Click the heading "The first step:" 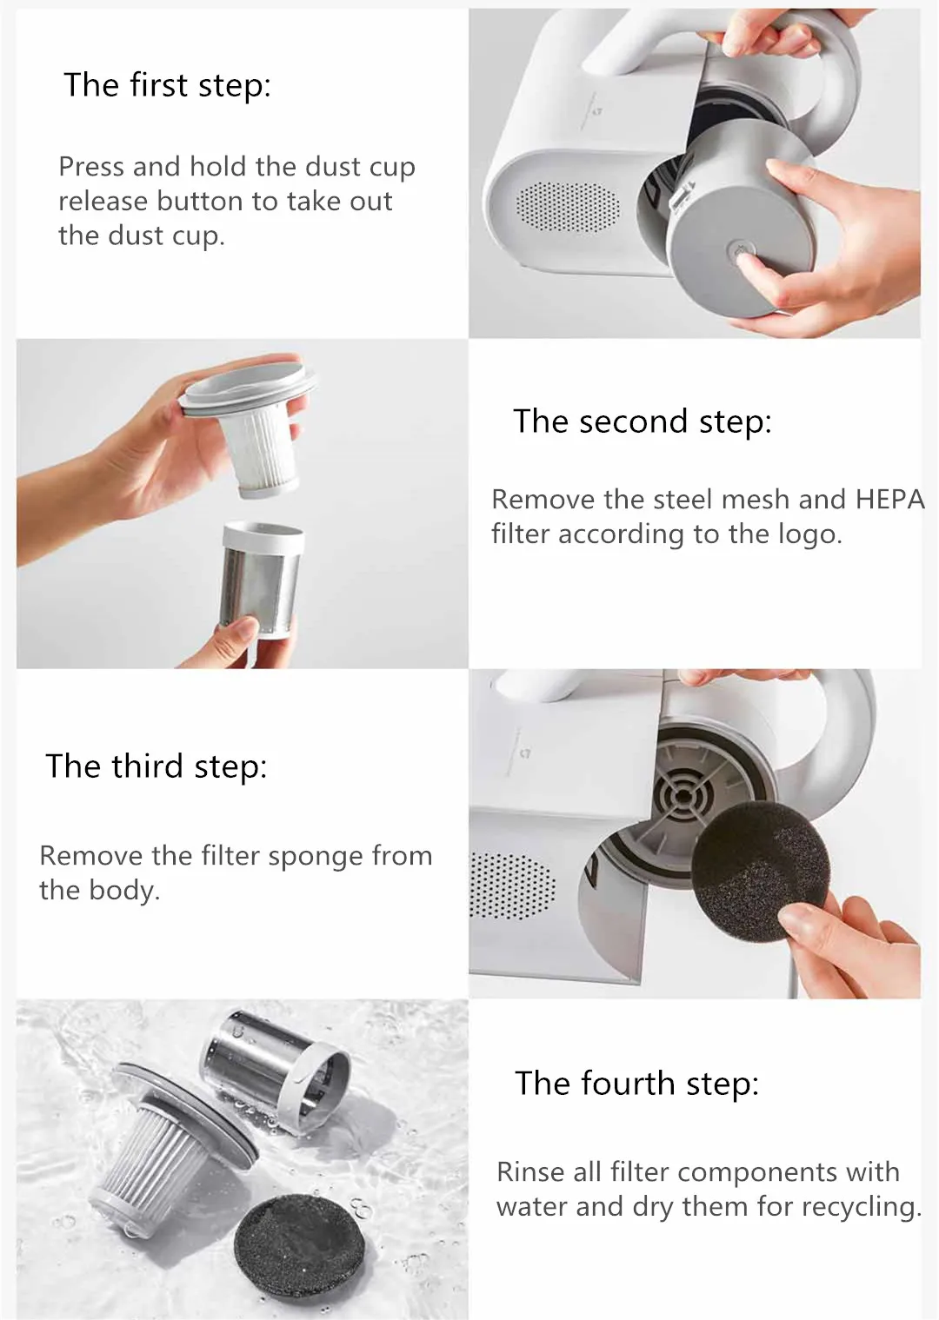pyautogui.click(x=168, y=85)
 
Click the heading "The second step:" pyautogui.click(x=643, y=421)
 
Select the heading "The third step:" pyautogui.click(x=156, y=766)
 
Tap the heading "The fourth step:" pyautogui.click(x=637, y=1083)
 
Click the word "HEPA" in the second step pyautogui.click(x=889, y=500)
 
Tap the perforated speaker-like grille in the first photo pyautogui.click(x=568, y=206)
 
